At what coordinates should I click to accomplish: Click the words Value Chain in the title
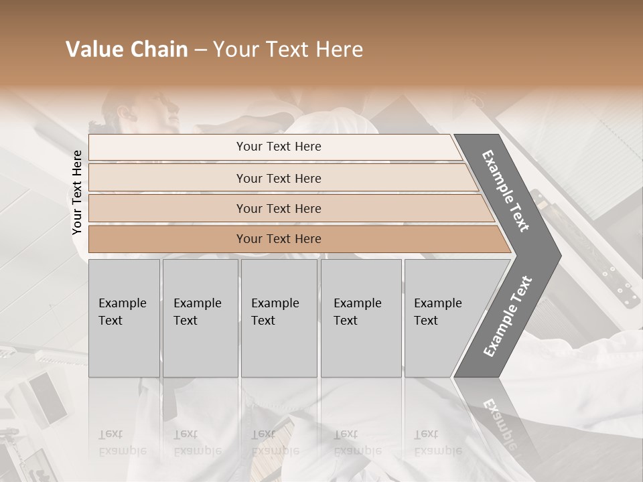point(127,50)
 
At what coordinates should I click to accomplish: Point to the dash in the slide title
point(200,50)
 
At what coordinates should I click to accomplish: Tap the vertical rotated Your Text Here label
point(77,193)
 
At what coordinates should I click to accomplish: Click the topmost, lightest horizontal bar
point(278,147)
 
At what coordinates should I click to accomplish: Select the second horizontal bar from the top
point(278,178)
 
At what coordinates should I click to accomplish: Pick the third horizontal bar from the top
point(278,208)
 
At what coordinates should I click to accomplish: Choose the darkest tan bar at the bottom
point(278,239)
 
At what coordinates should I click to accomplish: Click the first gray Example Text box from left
point(124,318)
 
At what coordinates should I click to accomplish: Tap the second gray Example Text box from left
point(200,318)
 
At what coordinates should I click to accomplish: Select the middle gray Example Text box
point(278,318)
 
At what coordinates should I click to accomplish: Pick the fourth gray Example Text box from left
point(360,318)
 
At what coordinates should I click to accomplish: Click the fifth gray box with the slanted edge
point(442,318)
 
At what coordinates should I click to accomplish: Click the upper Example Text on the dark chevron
point(506,191)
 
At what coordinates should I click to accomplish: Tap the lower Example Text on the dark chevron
point(507,317)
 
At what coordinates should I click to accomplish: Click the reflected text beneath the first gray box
point(122,443)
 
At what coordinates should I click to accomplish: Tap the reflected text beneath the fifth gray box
point(437,443)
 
